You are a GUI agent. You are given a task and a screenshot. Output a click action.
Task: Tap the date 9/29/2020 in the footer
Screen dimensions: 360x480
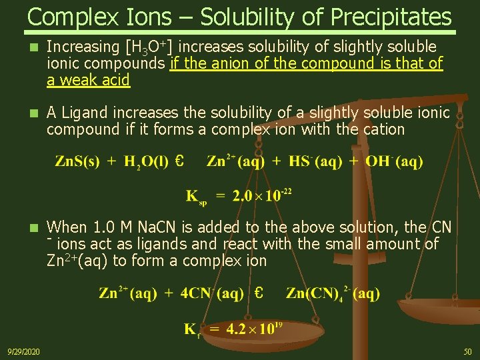click(23, 351)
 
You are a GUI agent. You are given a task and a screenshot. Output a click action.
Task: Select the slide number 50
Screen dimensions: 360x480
click(467, 351)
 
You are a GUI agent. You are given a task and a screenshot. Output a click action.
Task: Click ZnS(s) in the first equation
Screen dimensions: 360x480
click(77, 161)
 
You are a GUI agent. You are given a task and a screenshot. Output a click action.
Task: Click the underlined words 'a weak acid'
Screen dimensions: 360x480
click(88, 81)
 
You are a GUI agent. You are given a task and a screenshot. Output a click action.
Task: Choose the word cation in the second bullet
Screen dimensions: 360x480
click(382, 129)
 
